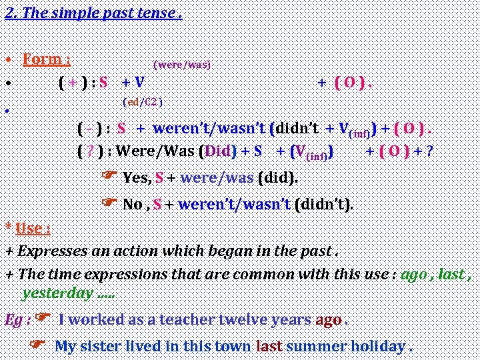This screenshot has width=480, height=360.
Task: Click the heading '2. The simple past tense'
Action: coord(93,13)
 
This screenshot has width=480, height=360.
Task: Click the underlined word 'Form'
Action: coord(42,59)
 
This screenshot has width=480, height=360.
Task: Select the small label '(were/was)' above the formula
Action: coord(182,65)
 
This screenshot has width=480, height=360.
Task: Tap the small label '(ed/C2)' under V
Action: coord(143,102)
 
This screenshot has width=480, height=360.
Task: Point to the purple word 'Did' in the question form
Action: coord(217,151)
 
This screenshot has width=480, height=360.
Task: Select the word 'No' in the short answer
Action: coord(132,205)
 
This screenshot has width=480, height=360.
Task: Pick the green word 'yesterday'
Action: coord(58,293)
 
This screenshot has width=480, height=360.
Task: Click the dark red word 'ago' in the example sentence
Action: coord(329,319)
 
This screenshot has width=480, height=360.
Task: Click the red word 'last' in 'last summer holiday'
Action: coord(269,347)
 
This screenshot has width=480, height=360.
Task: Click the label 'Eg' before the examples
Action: coord(13,320)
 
